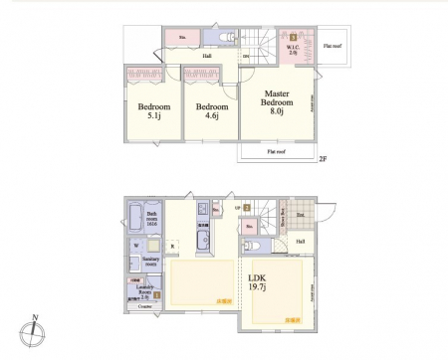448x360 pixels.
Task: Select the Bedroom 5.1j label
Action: point(154,111)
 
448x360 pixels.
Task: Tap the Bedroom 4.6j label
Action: point(211,111)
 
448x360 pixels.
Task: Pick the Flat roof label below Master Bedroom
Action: point(277,153)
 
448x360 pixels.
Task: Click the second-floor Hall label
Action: point(207,56)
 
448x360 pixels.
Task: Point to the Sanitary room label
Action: point(151,264)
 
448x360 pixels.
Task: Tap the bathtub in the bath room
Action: point(134,220)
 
